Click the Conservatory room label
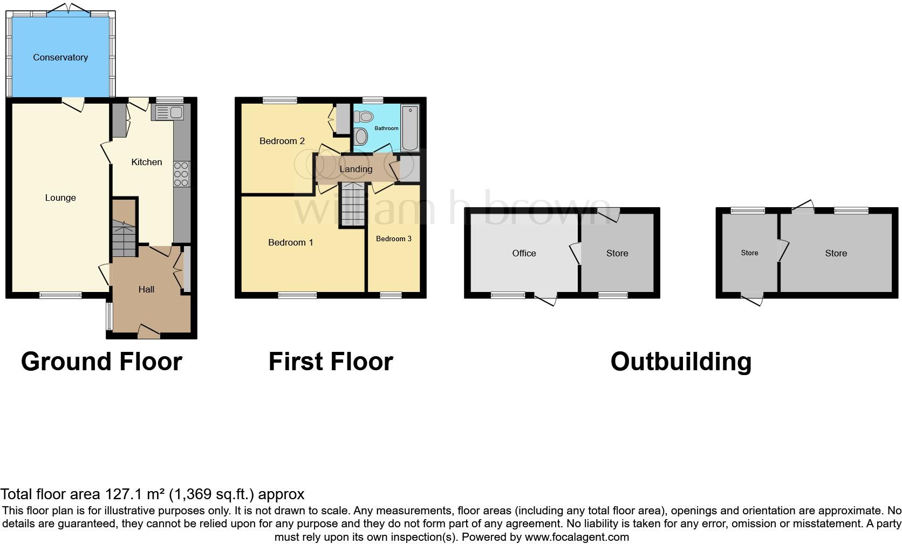tap(60, 57)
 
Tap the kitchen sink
tap(168, 113)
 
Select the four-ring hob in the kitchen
tap(182, 174)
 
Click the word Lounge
tap(60, 198)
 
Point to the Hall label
tap(146, 289)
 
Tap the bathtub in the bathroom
tap(409, 128)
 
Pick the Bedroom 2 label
tap(282, 141)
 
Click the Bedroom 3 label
tap(394, 239)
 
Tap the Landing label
tap(356, 169)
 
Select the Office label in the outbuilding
tap(524, 253)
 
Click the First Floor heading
tap(330, 361)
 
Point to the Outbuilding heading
tap(680, 361)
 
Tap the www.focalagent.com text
tap(576, 537)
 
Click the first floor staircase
tap(353, 205)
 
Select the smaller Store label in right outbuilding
tap(749, 253)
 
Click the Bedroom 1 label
tap(290, 242)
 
